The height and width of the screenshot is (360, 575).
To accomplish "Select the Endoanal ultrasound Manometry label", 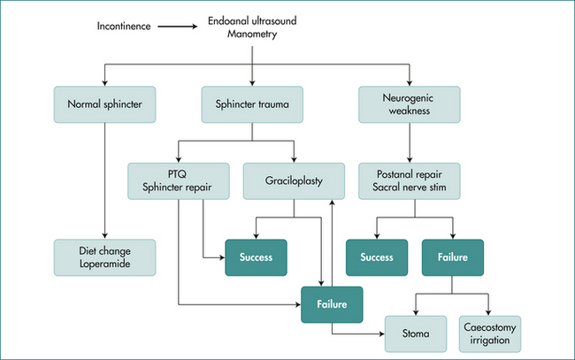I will point(252,26).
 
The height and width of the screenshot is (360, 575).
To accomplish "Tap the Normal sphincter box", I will point(103,103).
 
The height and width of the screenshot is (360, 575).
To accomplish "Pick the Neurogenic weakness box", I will point(410,103).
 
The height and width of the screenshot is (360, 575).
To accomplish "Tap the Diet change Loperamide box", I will point(103,257).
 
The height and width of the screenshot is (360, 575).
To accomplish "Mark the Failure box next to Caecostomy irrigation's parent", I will point(452,257).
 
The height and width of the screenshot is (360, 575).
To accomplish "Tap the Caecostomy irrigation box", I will point(490,333).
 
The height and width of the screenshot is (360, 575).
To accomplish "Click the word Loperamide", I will point(104,264).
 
